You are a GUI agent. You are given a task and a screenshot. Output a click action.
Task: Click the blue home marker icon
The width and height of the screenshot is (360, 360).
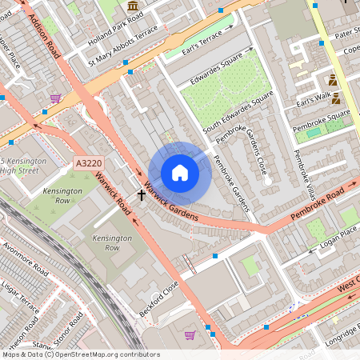point(180,173)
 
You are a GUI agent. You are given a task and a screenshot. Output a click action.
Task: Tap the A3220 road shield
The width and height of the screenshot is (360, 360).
point(88,163)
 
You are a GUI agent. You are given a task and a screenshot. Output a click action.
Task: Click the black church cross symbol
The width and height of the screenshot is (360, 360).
point(142,194)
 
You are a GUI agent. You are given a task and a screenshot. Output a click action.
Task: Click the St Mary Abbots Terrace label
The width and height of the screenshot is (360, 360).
point(123,53)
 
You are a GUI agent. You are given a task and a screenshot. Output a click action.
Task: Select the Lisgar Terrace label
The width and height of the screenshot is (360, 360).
point(19,295)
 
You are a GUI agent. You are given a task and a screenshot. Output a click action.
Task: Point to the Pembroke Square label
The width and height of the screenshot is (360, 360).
point(321,119)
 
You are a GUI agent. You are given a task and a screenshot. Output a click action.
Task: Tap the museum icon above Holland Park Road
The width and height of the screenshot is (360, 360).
point(132,6)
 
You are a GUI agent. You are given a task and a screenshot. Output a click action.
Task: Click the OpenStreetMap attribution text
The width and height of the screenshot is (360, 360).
point(81,354)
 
